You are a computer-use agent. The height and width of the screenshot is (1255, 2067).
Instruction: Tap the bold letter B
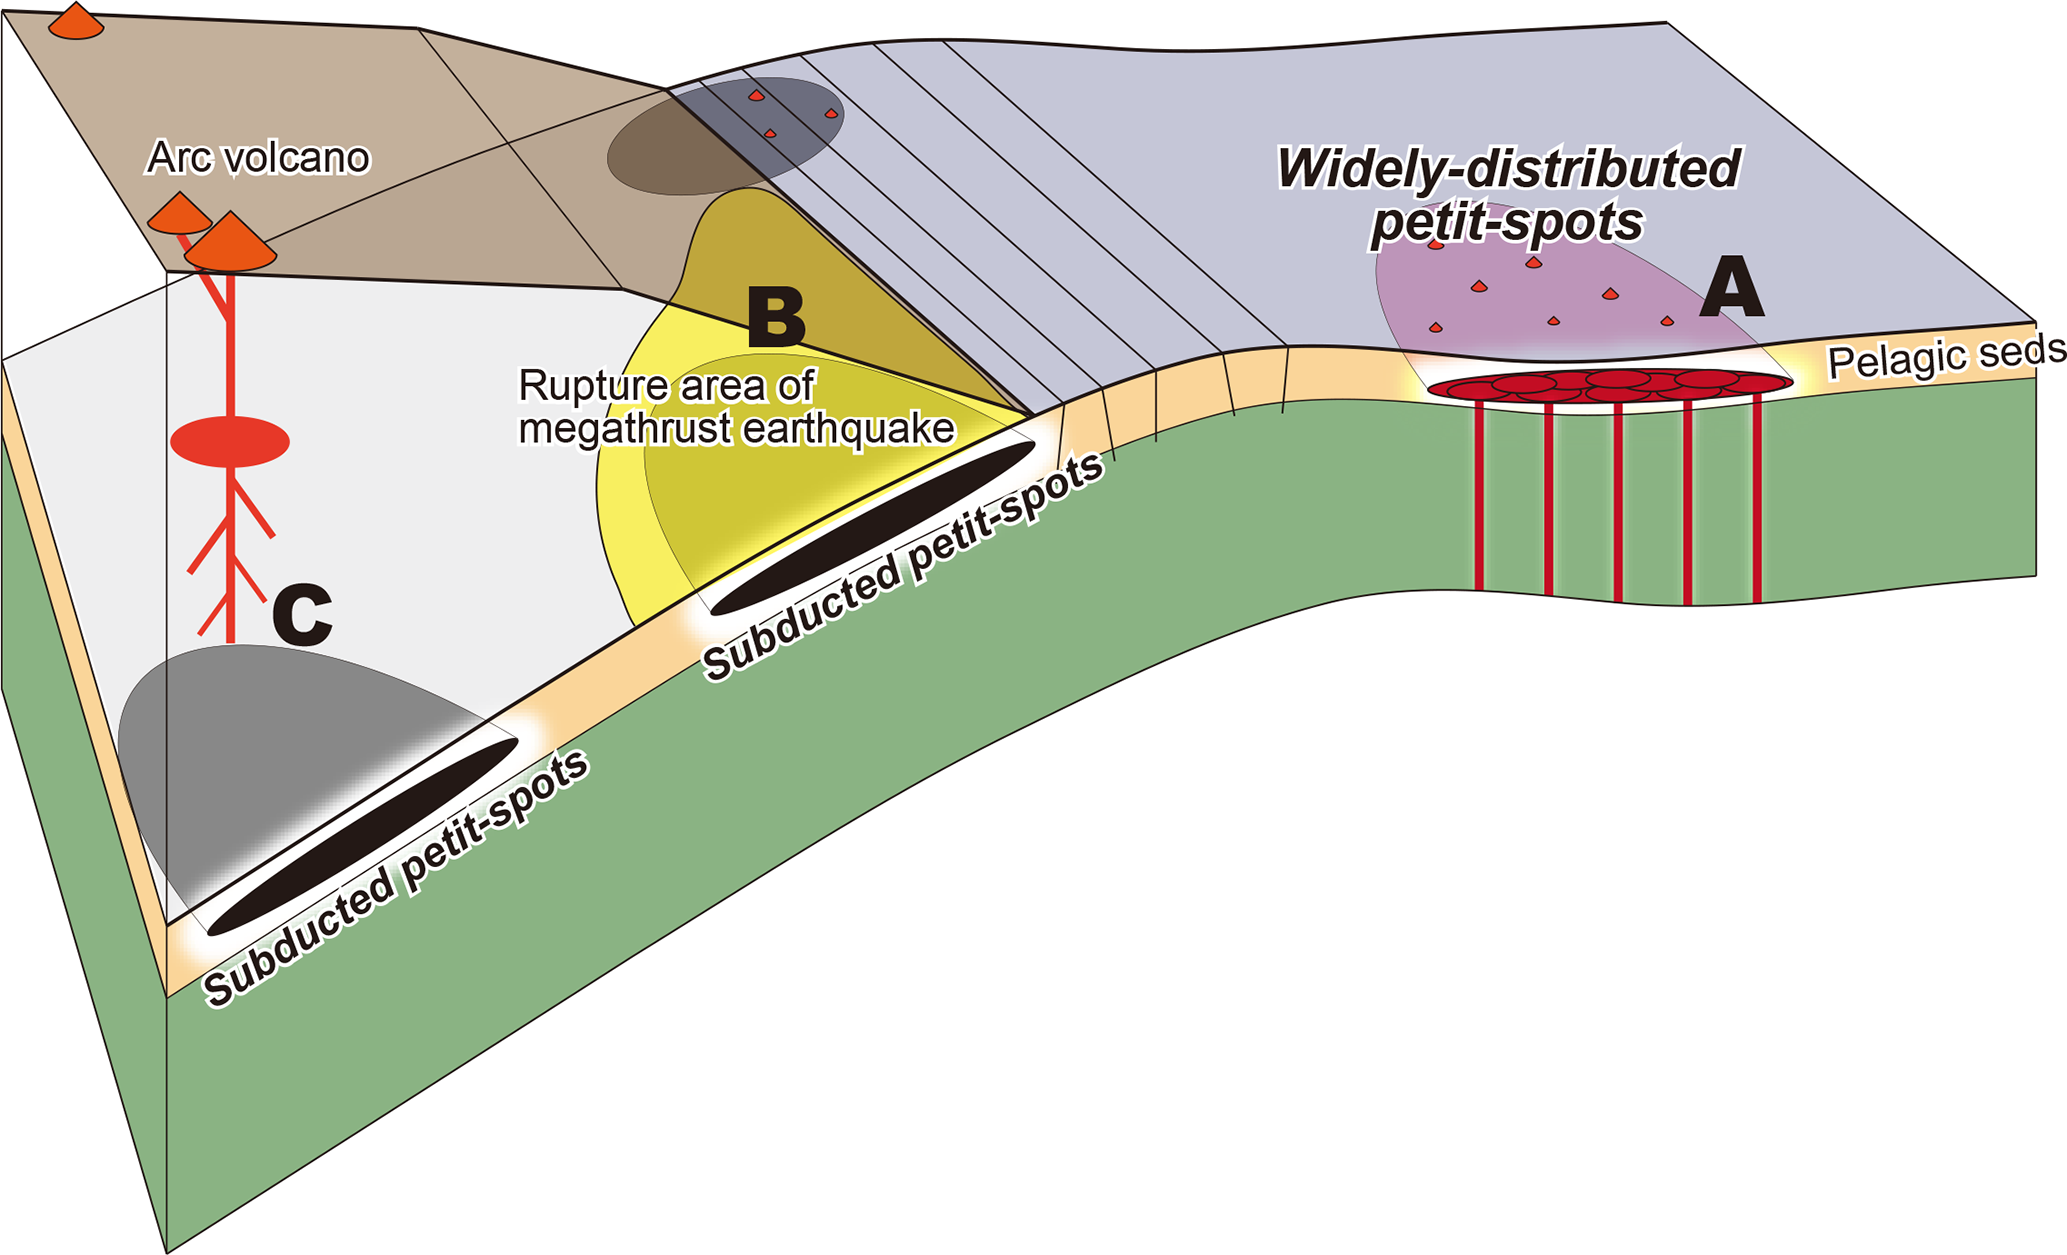tap(776, 317)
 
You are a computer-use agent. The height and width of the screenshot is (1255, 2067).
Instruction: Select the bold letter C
tap(302, 615)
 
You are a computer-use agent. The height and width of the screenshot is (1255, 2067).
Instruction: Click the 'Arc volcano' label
tap(258, 158)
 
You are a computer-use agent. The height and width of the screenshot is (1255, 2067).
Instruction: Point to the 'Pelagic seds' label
tap(1945, 357)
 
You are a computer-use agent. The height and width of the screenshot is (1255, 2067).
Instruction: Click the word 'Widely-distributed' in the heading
tap(1509, 169)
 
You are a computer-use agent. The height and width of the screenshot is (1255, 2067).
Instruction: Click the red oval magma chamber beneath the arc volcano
tap(230, 442)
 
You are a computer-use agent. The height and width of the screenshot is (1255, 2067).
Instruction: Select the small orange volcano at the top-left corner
tap(76, 21)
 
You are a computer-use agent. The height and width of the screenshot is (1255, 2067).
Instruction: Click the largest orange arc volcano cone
tap(231, 243)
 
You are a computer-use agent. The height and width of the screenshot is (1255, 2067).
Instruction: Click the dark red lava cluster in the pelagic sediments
tap(1608, 385)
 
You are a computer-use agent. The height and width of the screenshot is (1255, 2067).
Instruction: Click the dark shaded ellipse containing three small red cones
tap(725, 136)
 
